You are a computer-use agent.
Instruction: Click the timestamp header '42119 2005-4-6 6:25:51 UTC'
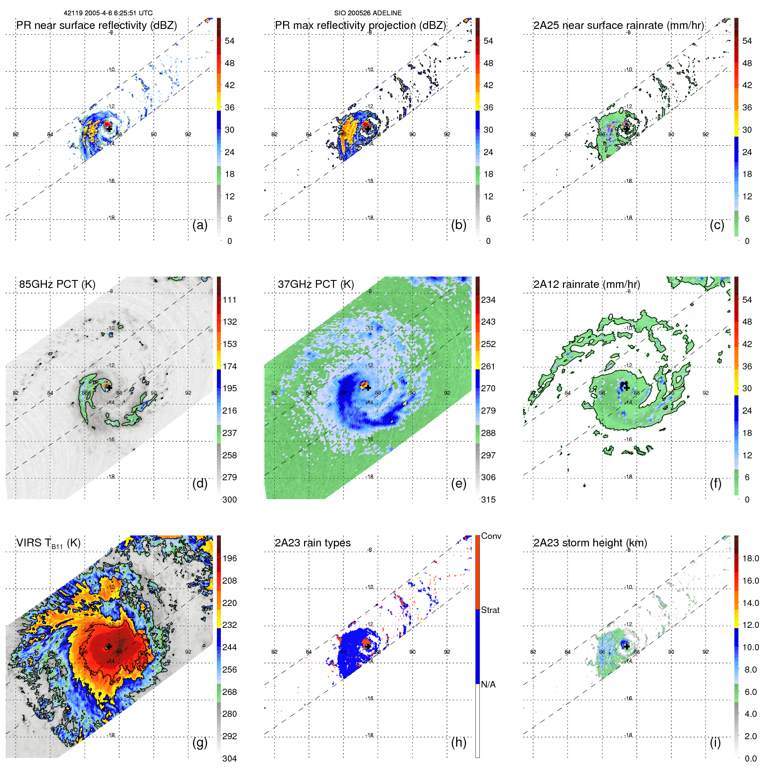pyautogui.click(x=108, y=13)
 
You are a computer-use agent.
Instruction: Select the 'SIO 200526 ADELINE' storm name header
pyautogui.click(x=368, y=13)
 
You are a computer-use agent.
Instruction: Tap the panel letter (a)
pyautogui.click(x=200, y=225)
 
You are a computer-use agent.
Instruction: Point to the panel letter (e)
pyautogui.click(x=458, y=483)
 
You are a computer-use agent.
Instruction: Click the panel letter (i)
pyautogui.click(x=715, y=742)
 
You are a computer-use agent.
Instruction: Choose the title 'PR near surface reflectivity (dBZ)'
pyautogui.click(x=96, y=25)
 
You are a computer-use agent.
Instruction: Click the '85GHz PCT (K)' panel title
pyautogui.click(x=57, y=284)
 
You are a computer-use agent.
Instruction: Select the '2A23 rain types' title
pyautogui.click(x=312, y=543)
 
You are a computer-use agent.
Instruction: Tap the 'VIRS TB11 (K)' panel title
pyautogui.click(x=48, y=543)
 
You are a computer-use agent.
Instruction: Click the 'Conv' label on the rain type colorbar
pyautogui.click(x=491, y=536)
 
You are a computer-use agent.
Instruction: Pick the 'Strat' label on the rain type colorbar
pyautogui.click(x=490, y=610)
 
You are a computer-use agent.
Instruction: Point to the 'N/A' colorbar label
pyautogui.click(x=488, y=684)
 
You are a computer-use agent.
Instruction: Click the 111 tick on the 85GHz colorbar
pyautogui.click(x=230, y=300)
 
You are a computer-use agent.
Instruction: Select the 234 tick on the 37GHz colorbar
pyautogui.click(x=488, y=300)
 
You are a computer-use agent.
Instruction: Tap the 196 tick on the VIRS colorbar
pyautogui.click(x=230, y=558)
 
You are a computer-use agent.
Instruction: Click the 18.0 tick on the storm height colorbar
pyautogui.click(x=750, y=558)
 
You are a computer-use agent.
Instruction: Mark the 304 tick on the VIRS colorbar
pyautogui.click(x=230, y=758)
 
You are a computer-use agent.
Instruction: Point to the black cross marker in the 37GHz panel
pyautogui.click(x=368, y=388)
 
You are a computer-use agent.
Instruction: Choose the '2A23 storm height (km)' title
pyautogui.click(x=590, y=543)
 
